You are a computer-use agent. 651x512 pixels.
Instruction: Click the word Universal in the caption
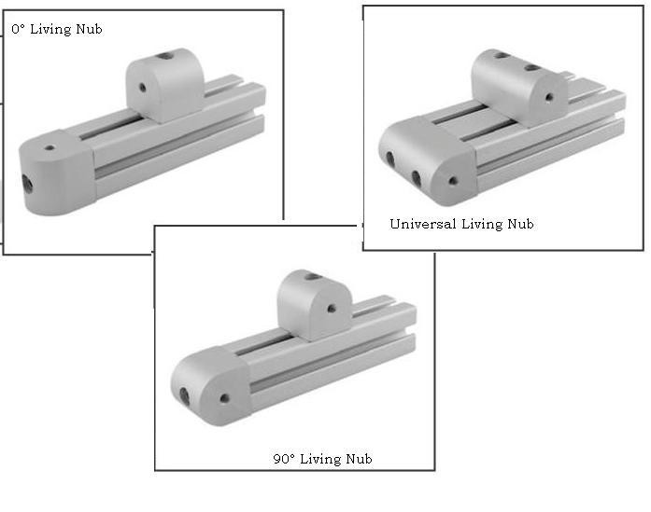click(422, 224)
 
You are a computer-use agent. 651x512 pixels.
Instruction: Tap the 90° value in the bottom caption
click(281, 459)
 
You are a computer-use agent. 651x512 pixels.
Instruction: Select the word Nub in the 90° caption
click(359, 459)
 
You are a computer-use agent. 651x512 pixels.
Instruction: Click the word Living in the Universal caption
click(483, 224)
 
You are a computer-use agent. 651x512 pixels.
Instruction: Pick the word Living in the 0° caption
click(51, 30)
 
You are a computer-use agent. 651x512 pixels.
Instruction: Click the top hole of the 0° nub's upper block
click(165, 56)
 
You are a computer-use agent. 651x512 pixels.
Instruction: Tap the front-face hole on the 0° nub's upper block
click(142, 89)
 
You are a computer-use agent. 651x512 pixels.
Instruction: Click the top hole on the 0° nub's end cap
click(50, 147)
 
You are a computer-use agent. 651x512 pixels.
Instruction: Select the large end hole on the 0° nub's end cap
click(26, 181)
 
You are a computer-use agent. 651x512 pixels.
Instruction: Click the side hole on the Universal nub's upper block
click(549, 96)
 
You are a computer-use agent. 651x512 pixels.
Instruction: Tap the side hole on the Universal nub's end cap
click(454, 181)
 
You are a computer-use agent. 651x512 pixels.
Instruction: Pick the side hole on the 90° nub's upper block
click(330, 308)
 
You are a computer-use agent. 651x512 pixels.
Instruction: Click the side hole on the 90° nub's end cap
click(224, 398)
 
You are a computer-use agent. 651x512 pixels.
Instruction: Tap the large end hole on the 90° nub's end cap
click(186, 396)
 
